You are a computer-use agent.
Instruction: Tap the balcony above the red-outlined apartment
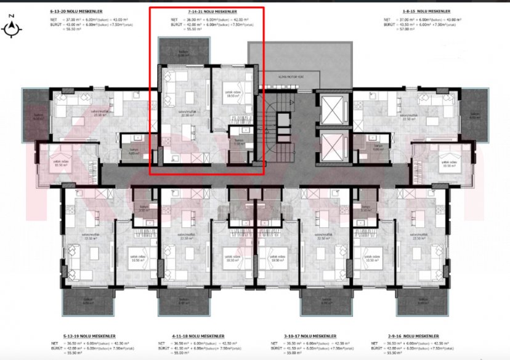(x=183, y=51)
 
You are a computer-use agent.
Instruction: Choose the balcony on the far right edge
(x=474, y=114)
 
